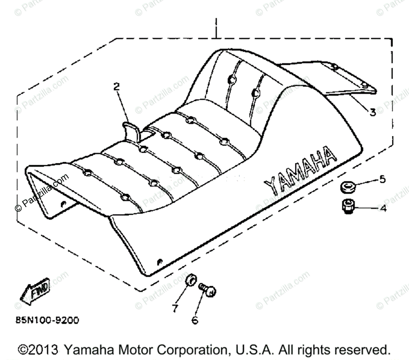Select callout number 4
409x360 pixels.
click(383, 208)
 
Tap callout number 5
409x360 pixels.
click(382, 179)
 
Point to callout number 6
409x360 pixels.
click(195, 320)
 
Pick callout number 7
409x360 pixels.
click(175, 308)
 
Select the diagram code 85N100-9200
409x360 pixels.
click(47, 320)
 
